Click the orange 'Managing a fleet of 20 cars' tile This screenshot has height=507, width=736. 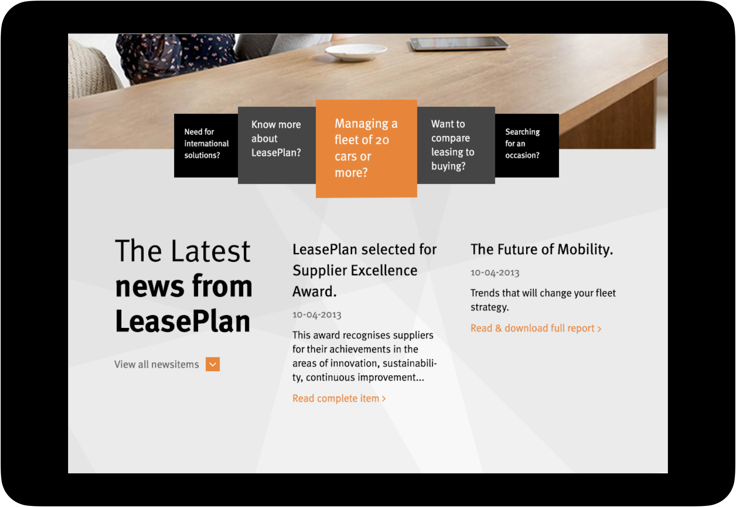[366, 149]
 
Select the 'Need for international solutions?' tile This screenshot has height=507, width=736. [206, 145]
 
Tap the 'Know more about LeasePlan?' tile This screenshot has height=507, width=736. [277, 145]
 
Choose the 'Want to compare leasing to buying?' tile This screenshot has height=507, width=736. [456, 145]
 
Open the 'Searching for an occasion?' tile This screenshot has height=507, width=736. [527, 145]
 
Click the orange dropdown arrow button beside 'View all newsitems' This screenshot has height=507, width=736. [213, 364]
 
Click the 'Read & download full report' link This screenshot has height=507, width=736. [536, 328]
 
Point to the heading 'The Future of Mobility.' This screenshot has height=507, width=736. [542, 249]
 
